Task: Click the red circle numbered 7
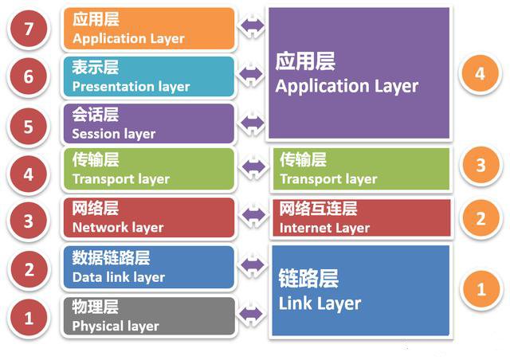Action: (29, 29)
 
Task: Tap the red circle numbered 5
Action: (29, 127)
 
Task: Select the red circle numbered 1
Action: (29, 318)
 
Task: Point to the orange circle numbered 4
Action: (481, 73)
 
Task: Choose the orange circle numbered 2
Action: (481, 218)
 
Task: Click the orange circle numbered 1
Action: (481, 289)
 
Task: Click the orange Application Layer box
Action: (149, 29)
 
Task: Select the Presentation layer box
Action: (149, 76)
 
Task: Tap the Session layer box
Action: (149, 124)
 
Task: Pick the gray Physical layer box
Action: (149, 316)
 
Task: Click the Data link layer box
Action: (149, 268)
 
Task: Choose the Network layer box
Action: (149, 218)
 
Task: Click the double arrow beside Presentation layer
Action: (251, 74)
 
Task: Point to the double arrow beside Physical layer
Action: (251, 314)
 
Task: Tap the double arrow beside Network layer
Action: (253, 214)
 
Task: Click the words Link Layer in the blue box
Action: (320, 303)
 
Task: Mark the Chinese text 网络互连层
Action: (318, 209)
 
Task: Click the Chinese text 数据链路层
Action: (111, 257)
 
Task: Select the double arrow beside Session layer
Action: (252, 123)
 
